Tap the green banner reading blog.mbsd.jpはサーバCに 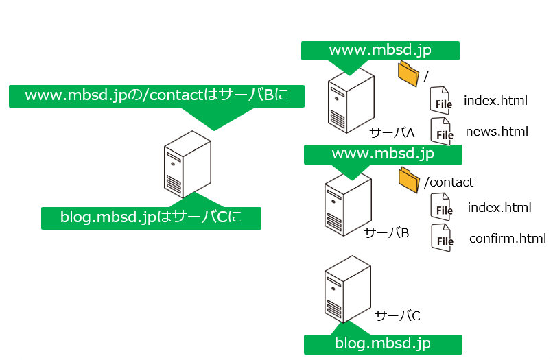(151, 218)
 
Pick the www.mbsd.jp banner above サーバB (382, 154)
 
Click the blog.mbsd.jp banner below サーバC (383, 344)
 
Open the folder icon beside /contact (409, 180)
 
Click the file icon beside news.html (442, 131)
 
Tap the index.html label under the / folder (495, 101)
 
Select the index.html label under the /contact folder (499, 208)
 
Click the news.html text (497, 131)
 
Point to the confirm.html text (508, 239)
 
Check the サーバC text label (397, 315)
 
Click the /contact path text (449, 182)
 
